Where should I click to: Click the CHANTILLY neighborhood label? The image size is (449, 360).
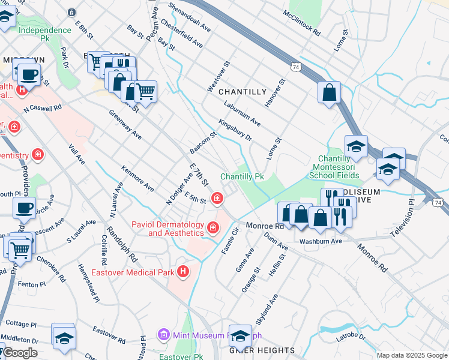point(242,92)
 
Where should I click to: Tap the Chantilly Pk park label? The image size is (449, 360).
point(242,177)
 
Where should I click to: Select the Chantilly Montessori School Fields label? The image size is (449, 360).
point(336,167)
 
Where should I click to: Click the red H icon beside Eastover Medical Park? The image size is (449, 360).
point(184,272)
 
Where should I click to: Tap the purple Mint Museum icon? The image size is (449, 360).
point(162,334)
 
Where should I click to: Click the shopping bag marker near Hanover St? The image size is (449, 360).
point(330,93)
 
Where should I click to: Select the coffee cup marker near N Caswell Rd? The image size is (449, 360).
point(28,75)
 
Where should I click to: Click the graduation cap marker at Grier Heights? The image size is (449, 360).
point(241,337)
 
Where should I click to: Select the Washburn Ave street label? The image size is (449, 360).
point(321,241)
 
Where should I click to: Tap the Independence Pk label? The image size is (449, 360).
point(45,34)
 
